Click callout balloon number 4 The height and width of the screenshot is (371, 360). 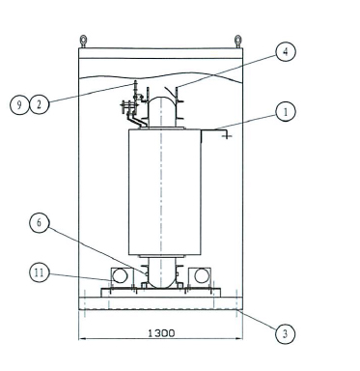point(286,51)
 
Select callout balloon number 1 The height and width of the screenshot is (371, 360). point(286,112)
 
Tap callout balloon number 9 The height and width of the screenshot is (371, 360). point(19,104)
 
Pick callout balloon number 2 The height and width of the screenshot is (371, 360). point(40,104)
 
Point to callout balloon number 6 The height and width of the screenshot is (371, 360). point(40,222)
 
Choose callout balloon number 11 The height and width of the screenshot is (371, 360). point(40,272)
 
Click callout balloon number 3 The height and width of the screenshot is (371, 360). point(286,334)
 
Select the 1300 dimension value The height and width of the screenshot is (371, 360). point(161,332)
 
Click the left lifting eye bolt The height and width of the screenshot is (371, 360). point(83,42)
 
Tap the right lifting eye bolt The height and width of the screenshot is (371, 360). point(237,42)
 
